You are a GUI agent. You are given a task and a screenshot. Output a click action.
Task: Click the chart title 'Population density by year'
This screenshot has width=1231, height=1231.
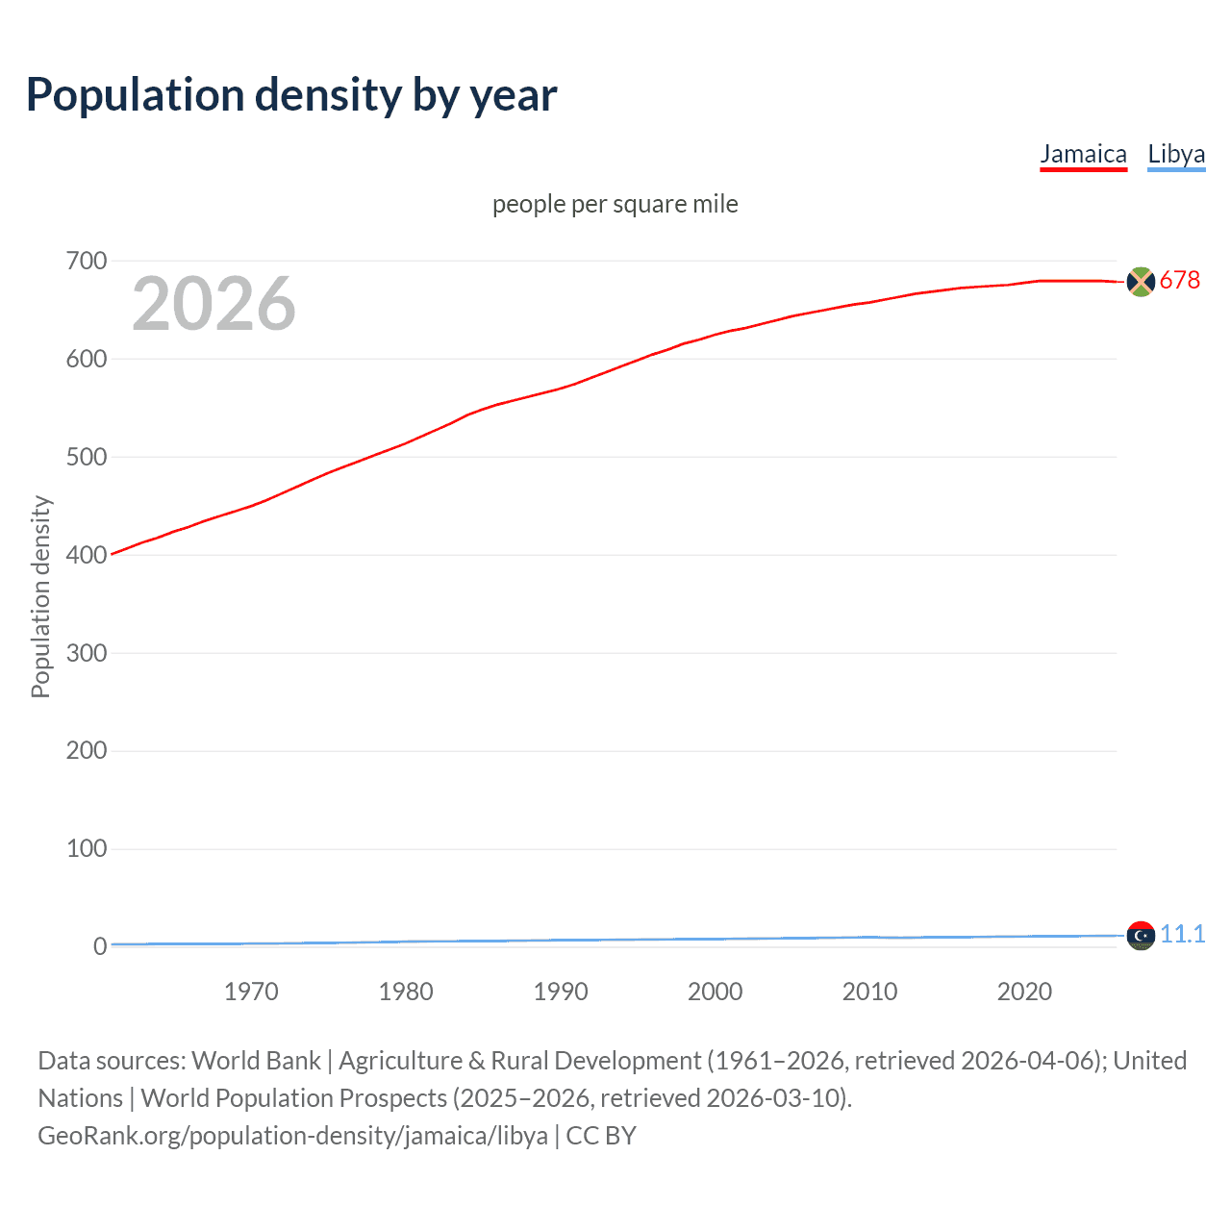pyautogui.click(x=291, y=95)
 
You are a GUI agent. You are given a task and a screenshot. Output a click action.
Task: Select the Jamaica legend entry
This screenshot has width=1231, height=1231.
pyautogui.click(x=1083, y=154)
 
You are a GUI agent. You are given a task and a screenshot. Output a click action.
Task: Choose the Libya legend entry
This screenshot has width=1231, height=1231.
pyautogui.click(x=1176, y=154)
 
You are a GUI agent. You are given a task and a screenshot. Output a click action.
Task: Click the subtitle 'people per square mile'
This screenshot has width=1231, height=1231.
pyautogui.click(x=615, y=204)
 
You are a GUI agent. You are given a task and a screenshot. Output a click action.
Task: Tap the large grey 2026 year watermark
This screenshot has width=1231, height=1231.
pyautogui.click(x=214, y=304)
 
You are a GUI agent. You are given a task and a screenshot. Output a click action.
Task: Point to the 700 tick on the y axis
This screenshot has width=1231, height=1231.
pyautogui.click(x=87, y=261)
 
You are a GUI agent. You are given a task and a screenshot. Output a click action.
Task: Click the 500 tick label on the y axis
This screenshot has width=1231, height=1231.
pyautogui.click(x=87, y=457)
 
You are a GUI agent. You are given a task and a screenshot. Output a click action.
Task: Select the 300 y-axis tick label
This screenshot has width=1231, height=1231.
pyautogui.click(x=87, y=653)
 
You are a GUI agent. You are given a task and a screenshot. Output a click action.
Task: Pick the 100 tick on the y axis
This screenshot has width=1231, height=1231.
pyautogui.click(x=87, y=849)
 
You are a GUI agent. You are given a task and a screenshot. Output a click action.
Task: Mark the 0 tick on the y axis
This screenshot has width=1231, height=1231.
pyautogui.click(x=100, y=947)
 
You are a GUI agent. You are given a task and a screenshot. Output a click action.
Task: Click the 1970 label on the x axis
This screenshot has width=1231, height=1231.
pyautogui.click(x=251, y=992)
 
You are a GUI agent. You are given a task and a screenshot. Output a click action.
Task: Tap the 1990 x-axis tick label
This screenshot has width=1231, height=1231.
pyautogui.click(x=561, y=992)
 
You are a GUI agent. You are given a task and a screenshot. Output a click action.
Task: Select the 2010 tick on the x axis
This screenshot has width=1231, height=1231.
pyautogui.click(x=869, y=992)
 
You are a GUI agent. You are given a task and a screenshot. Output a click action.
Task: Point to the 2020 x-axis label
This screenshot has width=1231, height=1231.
pyautogui.click(x=1024, y=992)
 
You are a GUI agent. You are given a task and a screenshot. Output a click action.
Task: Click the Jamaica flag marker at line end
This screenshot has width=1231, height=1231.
pyautogui.click(x=1141, y=282)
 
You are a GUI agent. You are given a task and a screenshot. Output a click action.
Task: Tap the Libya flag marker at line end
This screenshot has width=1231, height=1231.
pyautogui.click(x=1141, y=935)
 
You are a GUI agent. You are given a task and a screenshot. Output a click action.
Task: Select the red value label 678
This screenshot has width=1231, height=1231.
pyautogui.click(x=1180, y=280)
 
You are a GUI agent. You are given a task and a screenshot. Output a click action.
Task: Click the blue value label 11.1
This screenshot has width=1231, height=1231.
pyautogui.click(x=1182, y=934)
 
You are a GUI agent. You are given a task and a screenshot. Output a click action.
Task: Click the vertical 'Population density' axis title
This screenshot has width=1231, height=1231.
pyautogui.click(x=40, y=596)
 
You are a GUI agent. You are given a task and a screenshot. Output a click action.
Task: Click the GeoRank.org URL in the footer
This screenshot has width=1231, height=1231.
pyautogui.click(x=292, y=1136)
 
